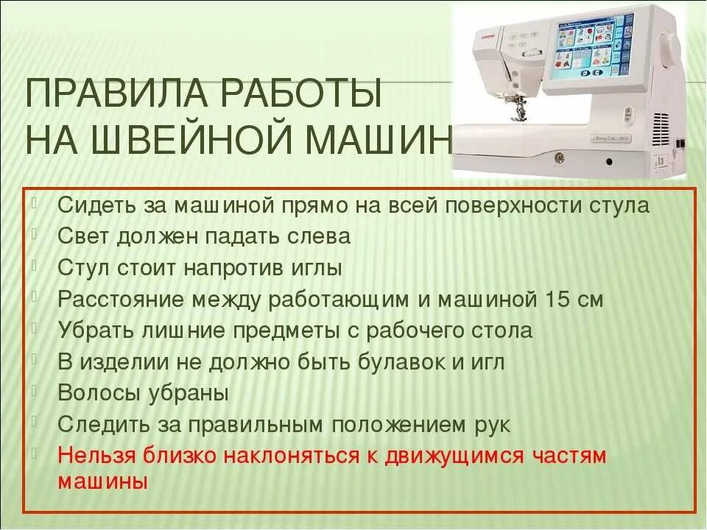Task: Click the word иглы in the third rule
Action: (x=317, y=268)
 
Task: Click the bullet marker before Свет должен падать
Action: (x=37, y=235)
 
